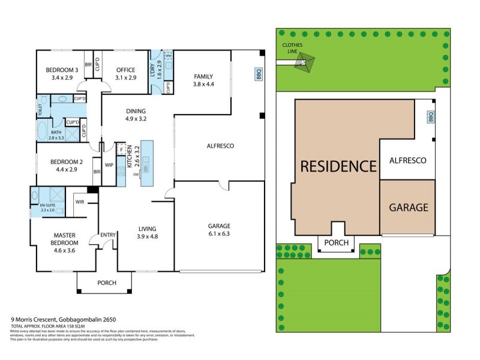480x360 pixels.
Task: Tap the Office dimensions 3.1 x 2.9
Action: [x=126, y=78]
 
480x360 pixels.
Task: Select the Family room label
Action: [x=204, y=76]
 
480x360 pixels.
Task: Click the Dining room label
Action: [x=136, y=110]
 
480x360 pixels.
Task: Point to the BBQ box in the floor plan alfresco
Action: [x=259, y=74]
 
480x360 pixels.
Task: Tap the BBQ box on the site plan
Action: [x=430, y=118]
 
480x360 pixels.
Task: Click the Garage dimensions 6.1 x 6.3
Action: [x=219, y=233]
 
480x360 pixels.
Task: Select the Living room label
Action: [x=147, y=229]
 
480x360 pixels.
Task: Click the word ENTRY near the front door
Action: [x=108, y=235]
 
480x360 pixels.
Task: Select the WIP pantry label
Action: [x=109, y=164]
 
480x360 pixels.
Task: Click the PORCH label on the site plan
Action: [x=336, y=244]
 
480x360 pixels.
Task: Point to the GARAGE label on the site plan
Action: [x=408, y=208]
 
